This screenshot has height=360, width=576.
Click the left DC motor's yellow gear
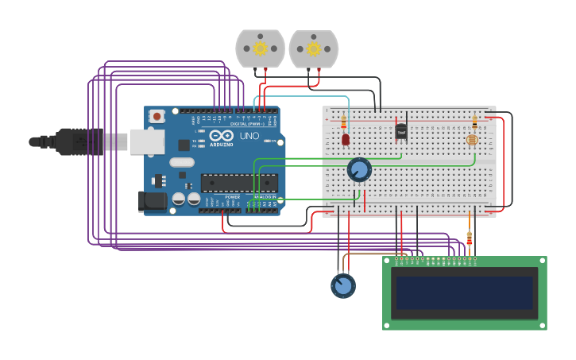pyautogui.click(x=260, y=48)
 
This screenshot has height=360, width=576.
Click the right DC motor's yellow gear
pyautogui.click(x=313, y=48)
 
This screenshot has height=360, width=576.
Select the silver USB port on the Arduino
pyautogui.click(x=147, y=141)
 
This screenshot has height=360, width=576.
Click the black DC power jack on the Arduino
pyautogui.click(x=153, y=201)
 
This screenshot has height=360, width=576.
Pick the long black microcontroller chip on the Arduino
pyautogui.click(x=238, y=183)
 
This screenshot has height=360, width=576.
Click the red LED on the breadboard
pyautogui.click(x=346, y=140)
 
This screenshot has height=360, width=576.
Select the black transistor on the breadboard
pyautogui.click(x=401, y=131)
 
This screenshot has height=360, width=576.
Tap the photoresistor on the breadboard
pyautogui.click(x=471, y=140)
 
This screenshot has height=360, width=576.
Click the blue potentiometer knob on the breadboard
pyautogui.click(x=359, y=169)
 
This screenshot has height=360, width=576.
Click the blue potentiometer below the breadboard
pyautogui.click(x=343, y=285)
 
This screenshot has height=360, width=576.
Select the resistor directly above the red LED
pyautogui.click(x=343, y=122)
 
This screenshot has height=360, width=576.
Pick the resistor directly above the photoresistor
pyautogui.click(x=475, y=122)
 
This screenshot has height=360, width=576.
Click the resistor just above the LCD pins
pyautogui.click(x=469, y=238)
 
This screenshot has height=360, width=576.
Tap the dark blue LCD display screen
pyautogui.click(x=465, y=292)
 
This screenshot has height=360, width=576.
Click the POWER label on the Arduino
pyautogui.click(x=232, y=196)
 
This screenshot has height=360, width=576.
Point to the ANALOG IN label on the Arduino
pyautogui.click(x=265, y=196)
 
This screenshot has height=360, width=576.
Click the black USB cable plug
pyautogui.click(x=75, y=141)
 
